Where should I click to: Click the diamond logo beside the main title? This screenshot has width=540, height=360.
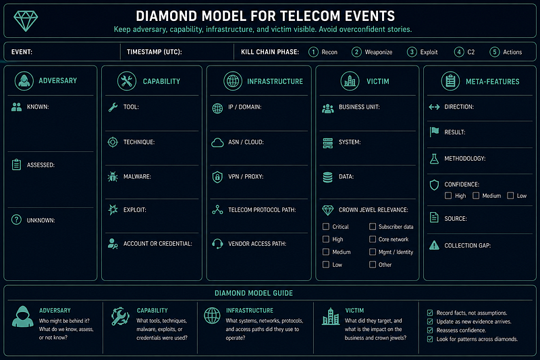[x=26, y=21]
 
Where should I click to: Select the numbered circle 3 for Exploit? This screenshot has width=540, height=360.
[x=412, y=52]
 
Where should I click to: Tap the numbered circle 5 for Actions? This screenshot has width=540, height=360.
[x=495, y=52]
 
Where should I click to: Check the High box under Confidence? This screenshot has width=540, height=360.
[x=448, y=196]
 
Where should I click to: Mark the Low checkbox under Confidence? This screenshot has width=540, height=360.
[x=510, y=196]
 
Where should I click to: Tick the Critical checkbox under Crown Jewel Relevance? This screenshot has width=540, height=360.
[x=326, y=227]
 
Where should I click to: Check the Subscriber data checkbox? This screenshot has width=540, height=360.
[x=373, y=227]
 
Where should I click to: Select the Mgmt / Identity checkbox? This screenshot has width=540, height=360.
[x=373, y=252]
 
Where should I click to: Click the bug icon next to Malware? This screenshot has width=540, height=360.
[x=113, y=177]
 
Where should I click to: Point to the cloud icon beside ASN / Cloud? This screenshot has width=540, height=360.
[x=217, y=143]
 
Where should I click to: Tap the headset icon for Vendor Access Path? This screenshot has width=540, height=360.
[x=217, y=244]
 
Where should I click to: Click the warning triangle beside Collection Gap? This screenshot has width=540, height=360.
[x=434, y=245]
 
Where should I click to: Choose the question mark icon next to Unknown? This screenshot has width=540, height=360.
[x=16, y=220]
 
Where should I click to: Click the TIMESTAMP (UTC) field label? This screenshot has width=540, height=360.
[x=155, y=52]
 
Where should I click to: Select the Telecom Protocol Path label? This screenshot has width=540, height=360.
[x=262, y=210]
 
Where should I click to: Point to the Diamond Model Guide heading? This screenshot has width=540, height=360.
[x=254, y=293]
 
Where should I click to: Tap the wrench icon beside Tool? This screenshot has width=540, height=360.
[x=113, y=107]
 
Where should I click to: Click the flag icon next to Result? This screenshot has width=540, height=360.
[x=434, y=132]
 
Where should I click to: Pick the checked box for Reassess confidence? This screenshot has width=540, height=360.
[x=430, y=330]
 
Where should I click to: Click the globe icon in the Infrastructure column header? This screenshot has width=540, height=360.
[x=233, y=81]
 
